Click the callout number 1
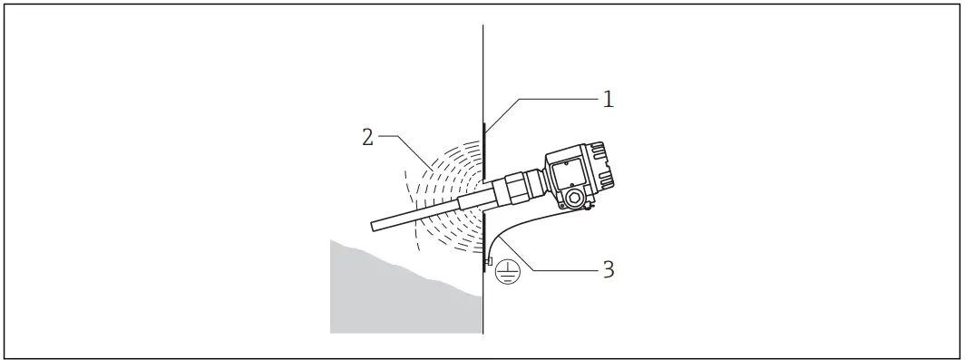click(x=609, y=99)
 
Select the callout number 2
click(x=367, y=137)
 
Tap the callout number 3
click(x=609, y=269)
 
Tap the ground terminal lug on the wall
click(x=489, y=262)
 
